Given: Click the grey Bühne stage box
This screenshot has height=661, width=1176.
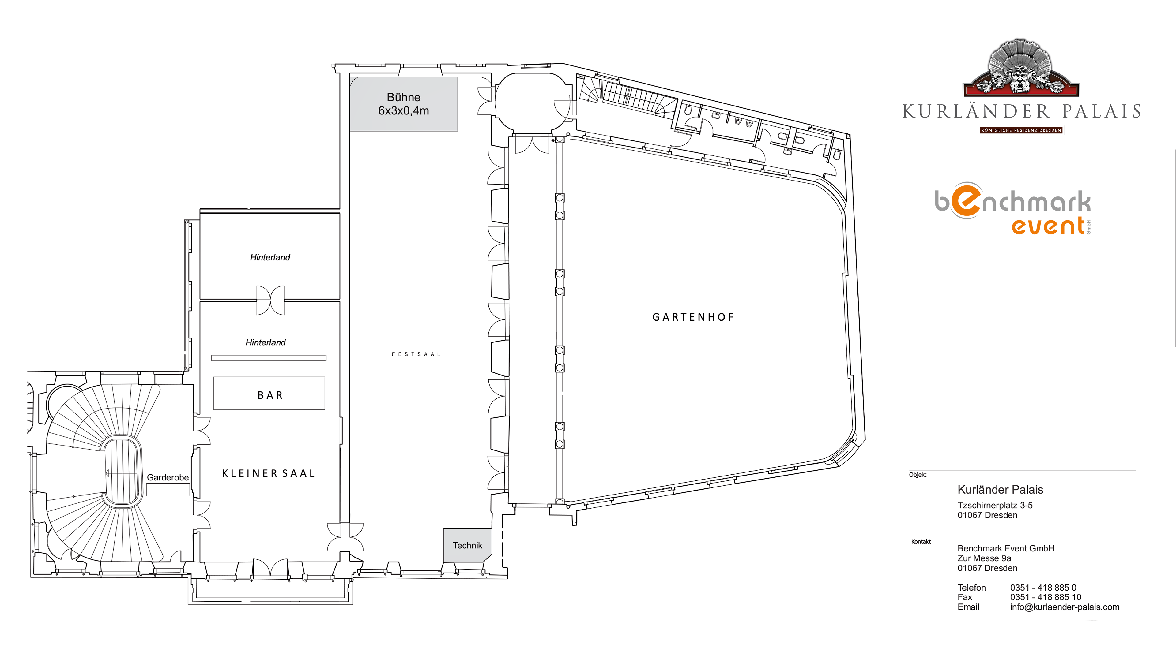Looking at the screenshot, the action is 404,104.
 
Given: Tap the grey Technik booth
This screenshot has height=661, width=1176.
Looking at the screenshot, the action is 467,545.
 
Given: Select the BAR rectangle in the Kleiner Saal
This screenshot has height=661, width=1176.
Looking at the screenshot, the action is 269,393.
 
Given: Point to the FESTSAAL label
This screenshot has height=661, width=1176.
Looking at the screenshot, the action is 416,354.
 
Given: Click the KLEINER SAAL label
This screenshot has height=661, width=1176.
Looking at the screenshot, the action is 269,473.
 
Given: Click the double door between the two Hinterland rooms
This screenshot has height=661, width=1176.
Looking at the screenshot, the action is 270,300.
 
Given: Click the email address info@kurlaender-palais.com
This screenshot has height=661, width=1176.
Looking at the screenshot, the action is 1065,607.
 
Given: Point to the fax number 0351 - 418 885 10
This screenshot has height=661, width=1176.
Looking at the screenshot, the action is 1046,597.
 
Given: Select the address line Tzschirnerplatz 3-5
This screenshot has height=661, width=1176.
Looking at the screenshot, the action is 995,505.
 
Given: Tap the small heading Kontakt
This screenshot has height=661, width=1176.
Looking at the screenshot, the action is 921,541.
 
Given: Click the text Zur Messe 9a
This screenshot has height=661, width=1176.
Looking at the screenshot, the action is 984,558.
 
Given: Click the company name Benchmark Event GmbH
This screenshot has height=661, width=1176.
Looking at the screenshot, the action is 1006,548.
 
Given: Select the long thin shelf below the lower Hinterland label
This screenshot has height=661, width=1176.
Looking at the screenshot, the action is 269,358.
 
